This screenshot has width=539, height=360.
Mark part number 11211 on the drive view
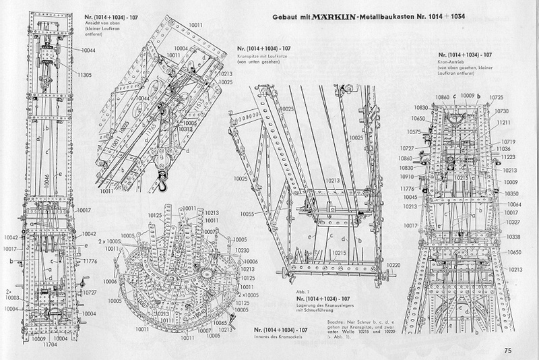point(507,123)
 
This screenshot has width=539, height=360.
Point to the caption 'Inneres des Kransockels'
point(278,337)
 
